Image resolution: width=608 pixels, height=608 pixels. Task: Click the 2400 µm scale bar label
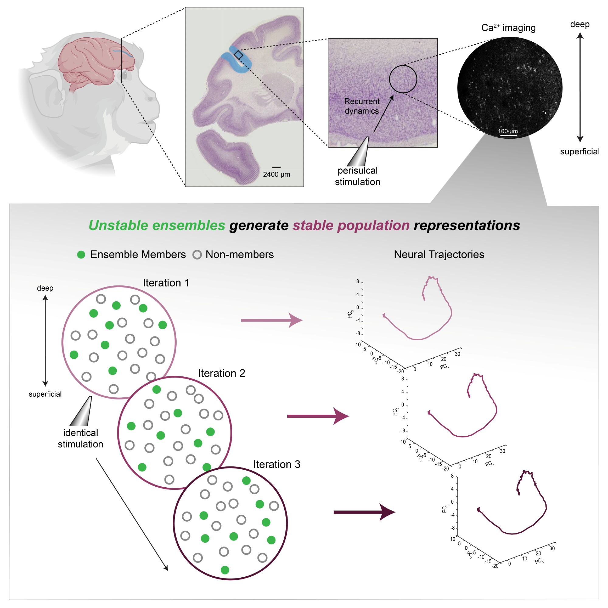[x=276, y=174]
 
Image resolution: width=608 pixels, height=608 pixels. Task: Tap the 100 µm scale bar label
[x=508, y=131]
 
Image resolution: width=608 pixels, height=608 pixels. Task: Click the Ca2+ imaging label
[x=508, y=28]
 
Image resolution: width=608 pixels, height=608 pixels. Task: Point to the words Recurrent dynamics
[x=361, y=106]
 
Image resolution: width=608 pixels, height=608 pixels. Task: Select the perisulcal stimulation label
[x=358, y=176]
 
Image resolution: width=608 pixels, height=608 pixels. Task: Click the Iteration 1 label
[x=166, y=283]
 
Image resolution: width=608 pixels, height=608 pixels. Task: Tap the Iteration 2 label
[x=221, y=373]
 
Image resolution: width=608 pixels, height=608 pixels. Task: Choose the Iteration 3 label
[x=277, y=464]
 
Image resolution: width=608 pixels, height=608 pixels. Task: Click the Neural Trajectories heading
[x=439, y=254]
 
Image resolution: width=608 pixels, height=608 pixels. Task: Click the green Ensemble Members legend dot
[x=81, y=254]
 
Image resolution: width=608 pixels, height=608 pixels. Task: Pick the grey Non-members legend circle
[x=197, y=254]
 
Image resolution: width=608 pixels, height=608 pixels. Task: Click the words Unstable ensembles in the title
[x=157, y=225]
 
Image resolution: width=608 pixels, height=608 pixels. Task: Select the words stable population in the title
[x=351, y=225]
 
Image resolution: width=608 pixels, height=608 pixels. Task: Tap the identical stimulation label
[x=81, y=438]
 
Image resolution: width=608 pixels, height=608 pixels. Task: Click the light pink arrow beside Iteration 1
[x=271, y=320]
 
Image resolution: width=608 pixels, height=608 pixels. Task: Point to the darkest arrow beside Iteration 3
[x=364, y=512]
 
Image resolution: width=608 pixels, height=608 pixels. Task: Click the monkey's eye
[x=124, y=75]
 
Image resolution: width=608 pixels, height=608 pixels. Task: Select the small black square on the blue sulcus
[x=239, y=55]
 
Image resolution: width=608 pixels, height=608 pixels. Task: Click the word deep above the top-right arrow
[x=580, y=25]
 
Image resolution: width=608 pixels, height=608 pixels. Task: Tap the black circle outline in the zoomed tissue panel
[x=403, y=66]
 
